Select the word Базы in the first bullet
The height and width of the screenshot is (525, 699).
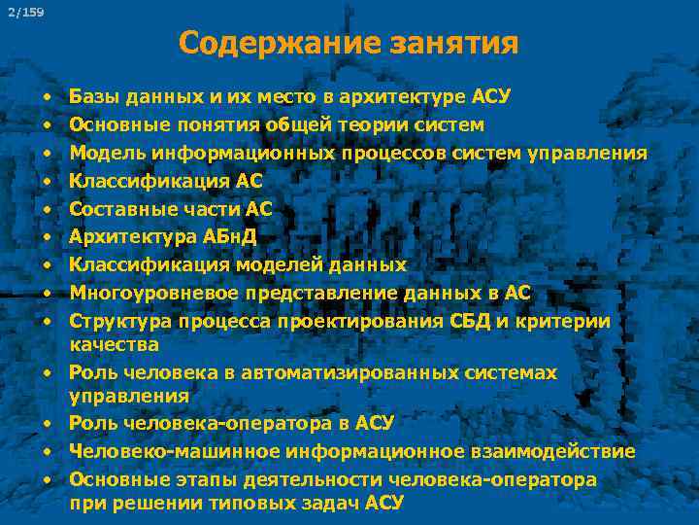[x=95, y=97]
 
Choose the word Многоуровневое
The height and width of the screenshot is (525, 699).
[x=145, y=293]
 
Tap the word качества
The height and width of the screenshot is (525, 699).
[x=115, y=344]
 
